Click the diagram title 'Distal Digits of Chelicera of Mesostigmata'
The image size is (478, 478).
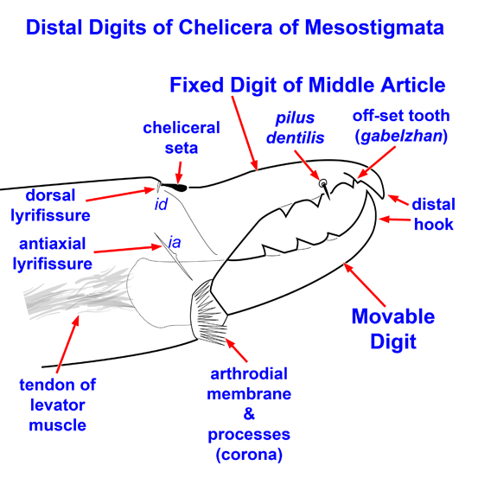tap(235, 28)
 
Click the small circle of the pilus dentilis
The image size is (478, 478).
tap(322, 183)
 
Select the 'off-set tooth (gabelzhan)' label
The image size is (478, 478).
tap(400, 126)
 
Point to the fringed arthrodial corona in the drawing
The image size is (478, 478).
tap(208, 310)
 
